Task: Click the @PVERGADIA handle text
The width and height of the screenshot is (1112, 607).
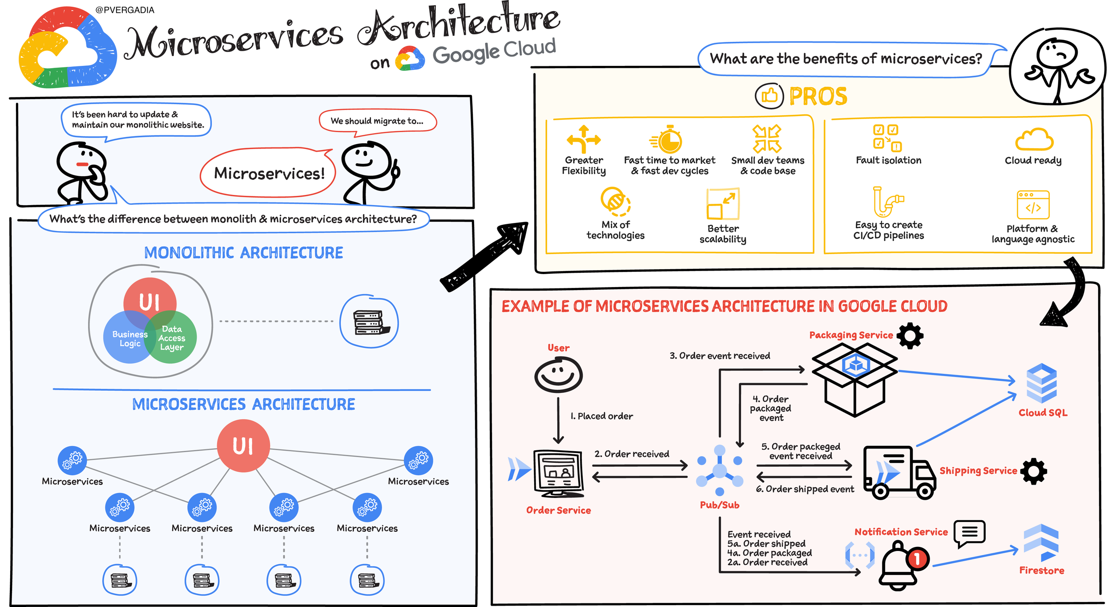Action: coord(125,10)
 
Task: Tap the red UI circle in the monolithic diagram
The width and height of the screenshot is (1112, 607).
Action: coord(150,303)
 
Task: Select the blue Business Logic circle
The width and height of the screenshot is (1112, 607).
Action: coord(130,337)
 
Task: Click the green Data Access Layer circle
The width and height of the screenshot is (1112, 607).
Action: coord(171,337)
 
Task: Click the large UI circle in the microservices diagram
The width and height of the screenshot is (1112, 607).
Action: coord(243,445)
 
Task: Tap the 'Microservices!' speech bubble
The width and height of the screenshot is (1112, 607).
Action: coord(269,173)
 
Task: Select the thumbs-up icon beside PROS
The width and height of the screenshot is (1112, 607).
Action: coord(769,96)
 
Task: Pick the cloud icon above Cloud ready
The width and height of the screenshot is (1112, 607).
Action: coord(1034,139)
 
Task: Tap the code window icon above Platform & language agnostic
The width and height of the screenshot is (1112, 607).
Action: coord(1033,205)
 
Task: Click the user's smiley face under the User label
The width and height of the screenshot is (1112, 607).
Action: coord(558,375)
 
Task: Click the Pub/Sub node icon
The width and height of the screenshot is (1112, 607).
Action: coord(720,470)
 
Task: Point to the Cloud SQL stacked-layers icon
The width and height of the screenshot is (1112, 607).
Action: coord(1041,383)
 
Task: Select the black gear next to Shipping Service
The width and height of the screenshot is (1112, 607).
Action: coord(1033,471)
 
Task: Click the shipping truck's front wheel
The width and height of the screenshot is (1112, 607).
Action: coord(925,491)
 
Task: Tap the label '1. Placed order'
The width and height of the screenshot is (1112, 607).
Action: coord(601,416)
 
